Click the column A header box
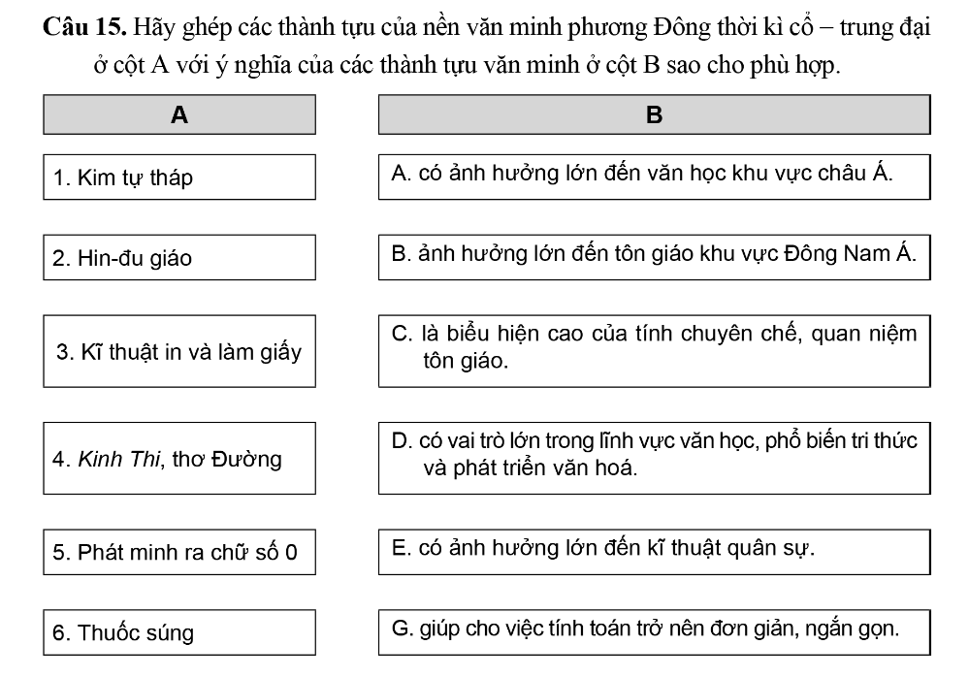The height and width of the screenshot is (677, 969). click(179, 114)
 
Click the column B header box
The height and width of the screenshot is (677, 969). click(654, 114)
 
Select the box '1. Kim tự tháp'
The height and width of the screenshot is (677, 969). click(179, 177)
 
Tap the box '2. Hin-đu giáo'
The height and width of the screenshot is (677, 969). click(179, 258)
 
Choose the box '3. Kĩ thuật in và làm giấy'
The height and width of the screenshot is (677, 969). click(179, 352)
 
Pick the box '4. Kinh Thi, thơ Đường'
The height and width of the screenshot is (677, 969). click(179, 459)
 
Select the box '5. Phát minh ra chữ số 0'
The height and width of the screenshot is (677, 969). click(179, 553)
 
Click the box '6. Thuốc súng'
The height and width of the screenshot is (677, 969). click(179, 632)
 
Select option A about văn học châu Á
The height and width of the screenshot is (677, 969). click(654, 175)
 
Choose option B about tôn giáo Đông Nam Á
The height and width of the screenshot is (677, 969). click(654, 255)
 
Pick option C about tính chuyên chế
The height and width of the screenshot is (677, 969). click(654, 347)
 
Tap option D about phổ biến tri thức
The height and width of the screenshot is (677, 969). click(654, 454)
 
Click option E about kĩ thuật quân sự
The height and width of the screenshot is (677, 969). click(654, 549)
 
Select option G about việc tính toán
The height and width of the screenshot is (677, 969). click(654, 629)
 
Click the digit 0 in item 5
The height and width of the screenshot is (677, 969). click(292, 553)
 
